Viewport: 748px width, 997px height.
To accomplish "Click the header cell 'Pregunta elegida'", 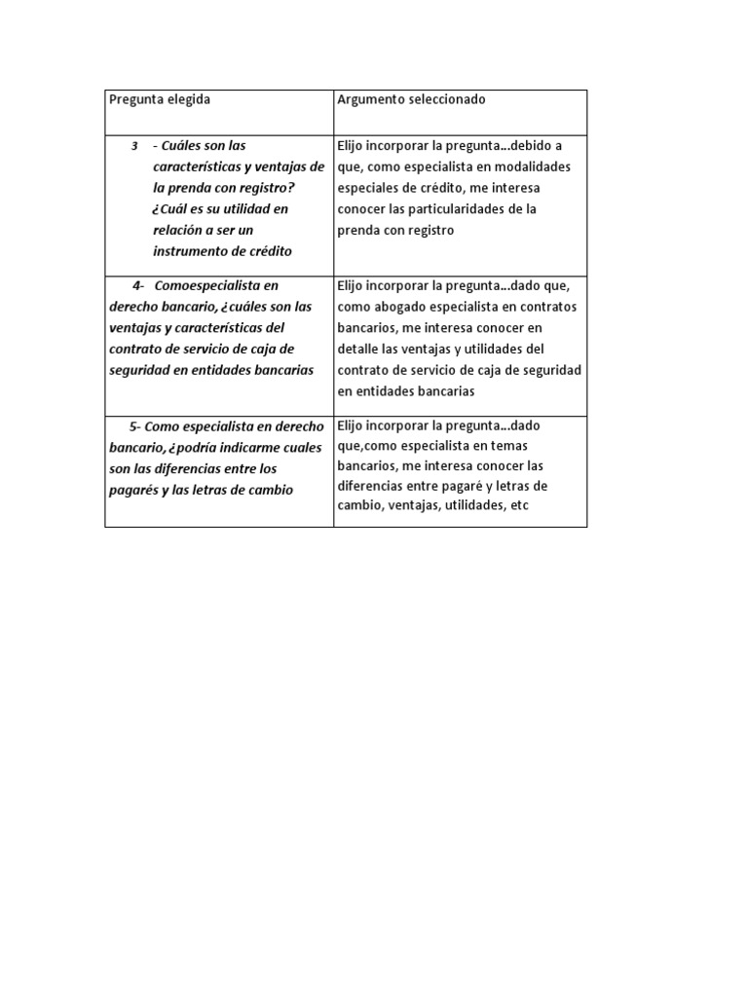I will (159, 100).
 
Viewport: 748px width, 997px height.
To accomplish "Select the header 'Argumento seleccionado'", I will (411, 100).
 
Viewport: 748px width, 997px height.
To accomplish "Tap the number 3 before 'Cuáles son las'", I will (134, 146).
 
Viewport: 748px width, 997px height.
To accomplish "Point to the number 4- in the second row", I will (138, 285).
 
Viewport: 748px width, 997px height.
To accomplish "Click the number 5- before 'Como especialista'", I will (134, 426).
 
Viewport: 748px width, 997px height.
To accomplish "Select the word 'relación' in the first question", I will (178, 231).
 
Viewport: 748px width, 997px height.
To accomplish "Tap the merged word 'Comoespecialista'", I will (215, 285).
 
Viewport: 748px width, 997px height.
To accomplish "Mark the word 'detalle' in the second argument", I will (359, 349).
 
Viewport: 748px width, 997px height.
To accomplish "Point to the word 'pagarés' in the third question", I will (132, 490).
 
